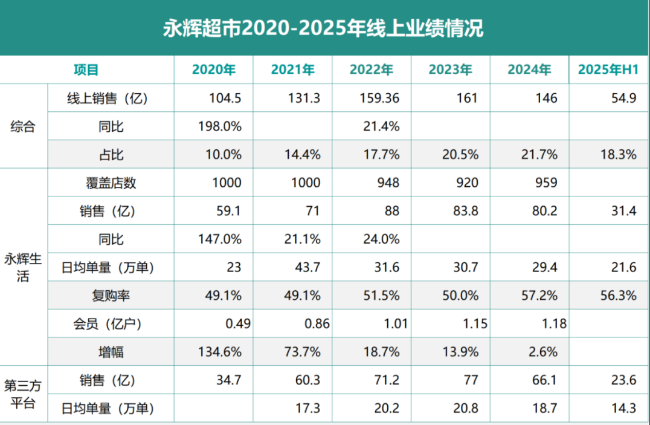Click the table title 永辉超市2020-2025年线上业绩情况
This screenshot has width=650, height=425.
point(324,28)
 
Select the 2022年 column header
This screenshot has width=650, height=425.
point(372,70)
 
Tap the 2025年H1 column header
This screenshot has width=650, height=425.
point(608,70)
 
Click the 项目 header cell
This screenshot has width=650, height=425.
point(86,70)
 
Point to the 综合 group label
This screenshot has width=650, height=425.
point(23,126)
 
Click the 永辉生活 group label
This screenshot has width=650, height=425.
point(23,267)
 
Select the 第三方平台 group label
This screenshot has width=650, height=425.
point(23,394)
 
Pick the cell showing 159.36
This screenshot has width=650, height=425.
point(379,98)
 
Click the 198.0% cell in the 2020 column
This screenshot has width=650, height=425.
point(220,126)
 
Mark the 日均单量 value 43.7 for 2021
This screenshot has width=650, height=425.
point(308,267)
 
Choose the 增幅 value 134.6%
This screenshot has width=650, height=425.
point(220,352)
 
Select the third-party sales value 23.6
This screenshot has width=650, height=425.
point(623,380)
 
